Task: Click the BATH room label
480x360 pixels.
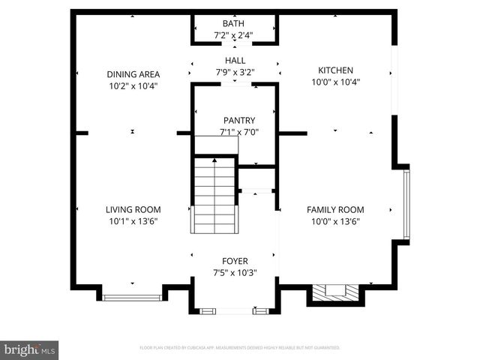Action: tap(234, 24)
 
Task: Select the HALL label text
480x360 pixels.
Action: tap(235, 61)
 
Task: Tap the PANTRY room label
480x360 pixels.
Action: tap(239, 121)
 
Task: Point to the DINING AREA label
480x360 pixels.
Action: tap(133, 74)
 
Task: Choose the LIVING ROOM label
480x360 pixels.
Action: tap(133, 210)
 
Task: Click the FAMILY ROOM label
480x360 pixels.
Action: tap(335, 210)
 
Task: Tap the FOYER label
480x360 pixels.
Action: tap(235, 261)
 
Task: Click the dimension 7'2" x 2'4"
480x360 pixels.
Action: tap(234, 35)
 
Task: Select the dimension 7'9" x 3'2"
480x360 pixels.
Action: tap(235, 73)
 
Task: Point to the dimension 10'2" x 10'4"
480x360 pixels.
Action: tap(133, 85)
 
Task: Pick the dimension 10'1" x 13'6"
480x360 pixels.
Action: tap(133, 221)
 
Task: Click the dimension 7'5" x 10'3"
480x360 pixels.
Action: tap(235, 273)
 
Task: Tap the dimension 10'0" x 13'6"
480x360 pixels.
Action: tap(335, 221)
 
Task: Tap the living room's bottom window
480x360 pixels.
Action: tap(133, 298)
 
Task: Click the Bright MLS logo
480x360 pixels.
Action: tap(30, 349)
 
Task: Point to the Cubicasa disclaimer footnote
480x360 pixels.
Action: tap(240, 348)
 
